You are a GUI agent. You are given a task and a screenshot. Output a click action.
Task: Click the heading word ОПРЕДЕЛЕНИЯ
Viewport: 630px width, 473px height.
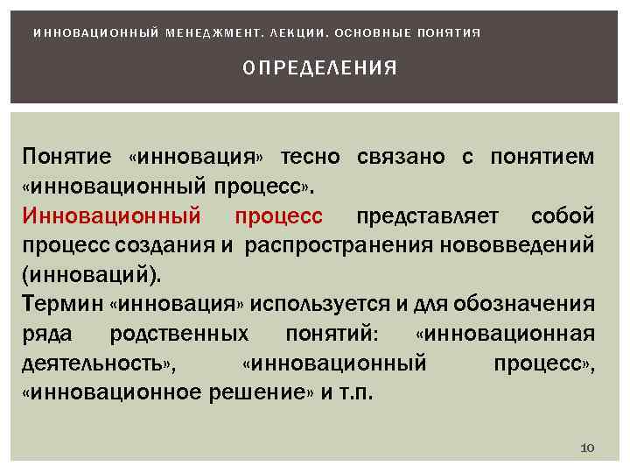pyautogui.click(x=319, y=67)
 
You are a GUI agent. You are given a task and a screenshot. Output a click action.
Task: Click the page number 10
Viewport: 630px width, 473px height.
pyautogui.click(x=587, y=448)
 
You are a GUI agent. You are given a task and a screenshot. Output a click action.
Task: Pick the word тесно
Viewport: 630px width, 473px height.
pyautogui.click(x=312, y=157)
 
